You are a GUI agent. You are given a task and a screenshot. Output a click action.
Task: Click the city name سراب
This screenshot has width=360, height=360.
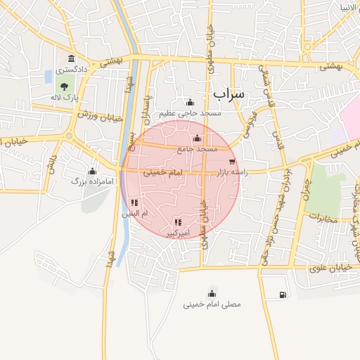pyautogui.click(x=227, y=94)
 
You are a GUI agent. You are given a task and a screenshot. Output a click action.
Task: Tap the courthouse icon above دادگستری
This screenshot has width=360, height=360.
pyautogui.click(x=70, y=58)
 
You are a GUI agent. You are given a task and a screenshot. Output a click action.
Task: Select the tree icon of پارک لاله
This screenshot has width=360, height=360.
pyautogui.click(x=64, y=86)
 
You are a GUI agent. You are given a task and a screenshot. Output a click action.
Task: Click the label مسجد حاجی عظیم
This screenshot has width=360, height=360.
pyautogui.click(x=190, y=113)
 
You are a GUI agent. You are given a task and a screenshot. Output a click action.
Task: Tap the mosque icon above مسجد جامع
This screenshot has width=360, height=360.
pyautogui.click(x=197, y=138)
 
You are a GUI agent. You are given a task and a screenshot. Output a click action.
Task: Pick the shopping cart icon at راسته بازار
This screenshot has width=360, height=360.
pyautogui.click(x=232, y=162)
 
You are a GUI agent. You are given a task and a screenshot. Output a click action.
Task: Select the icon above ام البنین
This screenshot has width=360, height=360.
pyautogui.click(x=134, y=203)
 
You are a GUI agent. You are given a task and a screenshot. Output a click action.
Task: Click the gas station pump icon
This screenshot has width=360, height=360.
pyautogui.click(x=282, y=294)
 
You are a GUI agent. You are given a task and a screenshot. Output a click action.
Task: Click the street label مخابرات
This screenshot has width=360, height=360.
pyautogui.click(x=323, y=218)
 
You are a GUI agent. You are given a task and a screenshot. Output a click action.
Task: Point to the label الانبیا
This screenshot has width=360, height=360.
pyautogui.click(x=349, y=8)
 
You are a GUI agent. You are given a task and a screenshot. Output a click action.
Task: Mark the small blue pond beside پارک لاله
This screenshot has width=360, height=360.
pyautogui.click(x=48, y=75)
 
